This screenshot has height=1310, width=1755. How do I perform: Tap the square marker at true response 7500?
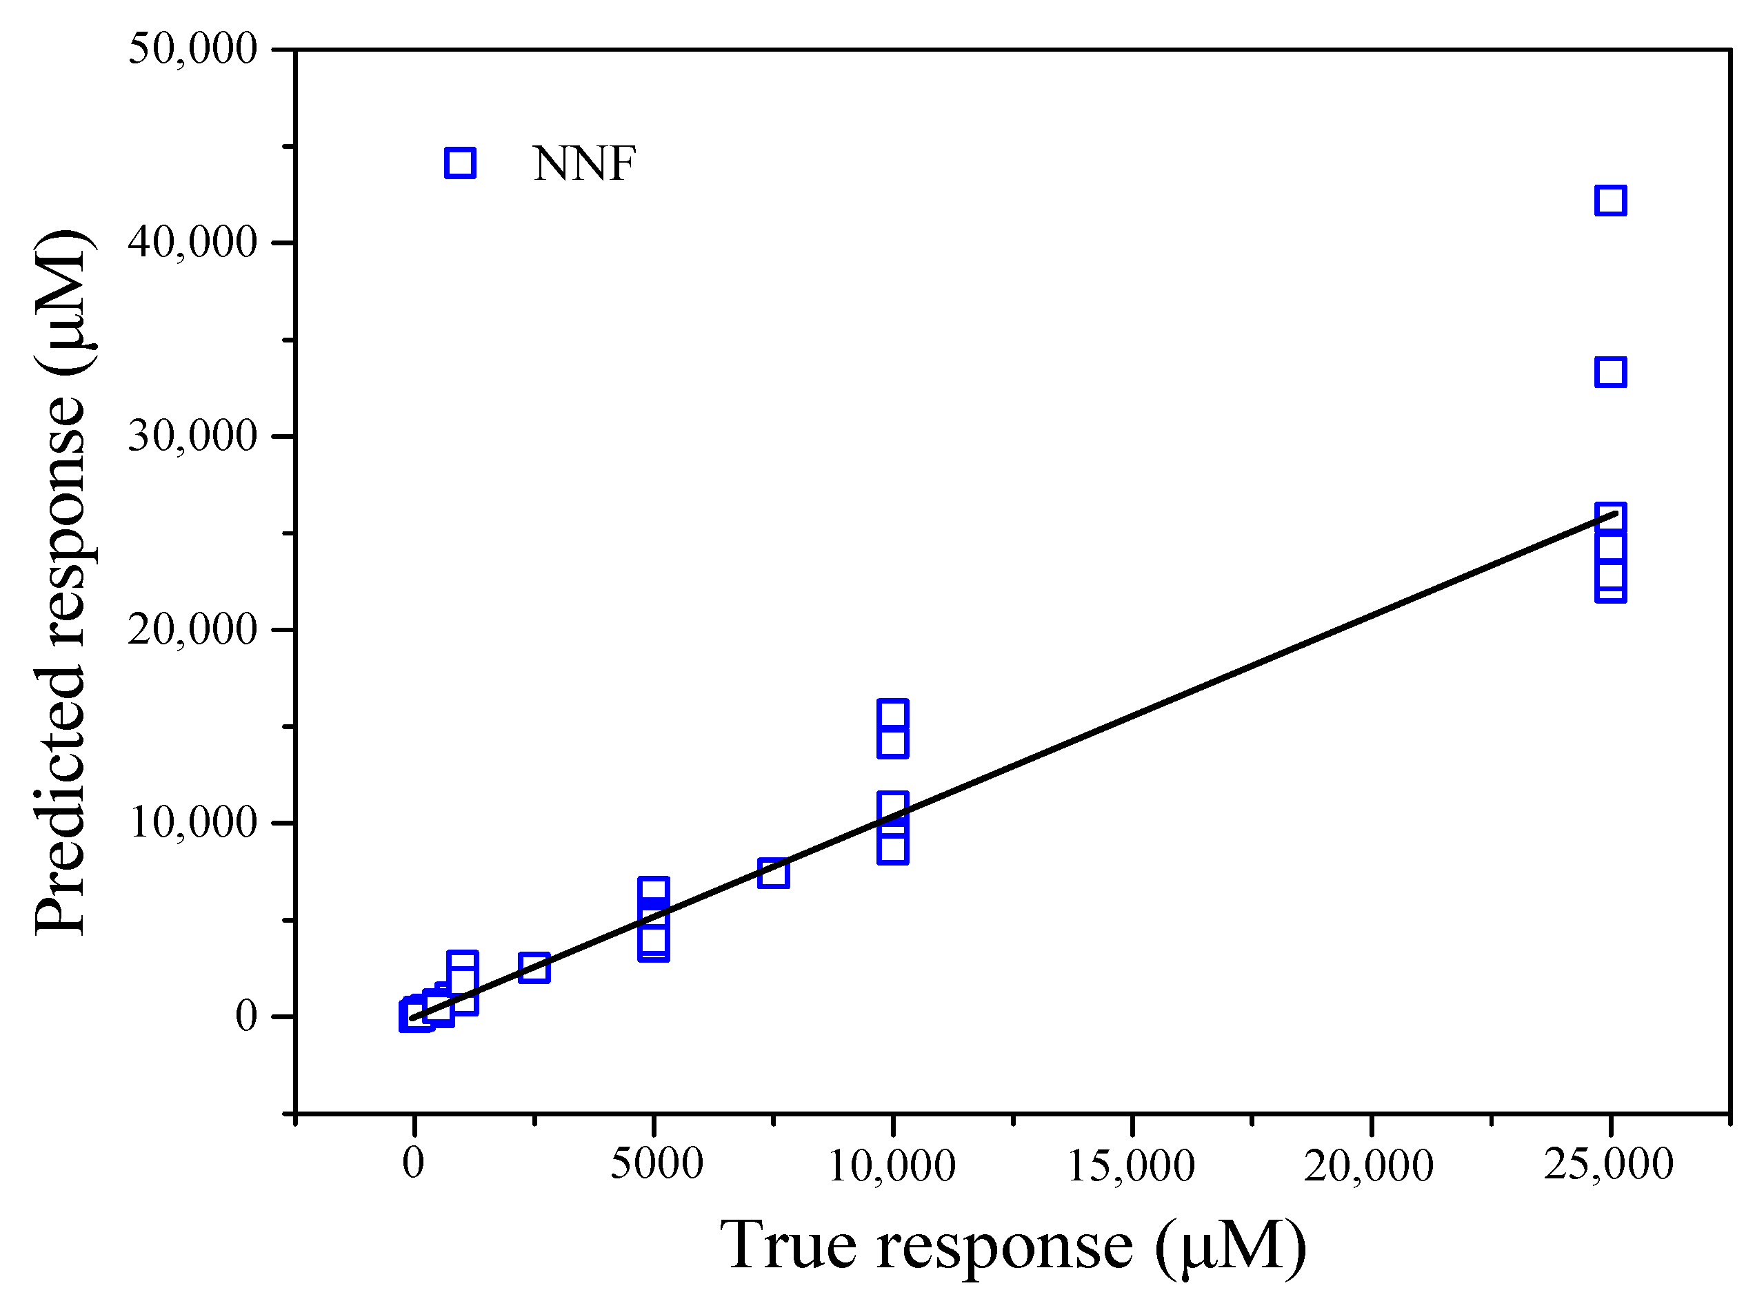click(x=774, y=874)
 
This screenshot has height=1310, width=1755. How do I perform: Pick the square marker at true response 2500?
click(x=534, y=968)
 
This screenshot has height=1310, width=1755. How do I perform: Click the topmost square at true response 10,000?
click(x=892, y=715)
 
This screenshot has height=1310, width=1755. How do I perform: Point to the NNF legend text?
click(x=584, y=164)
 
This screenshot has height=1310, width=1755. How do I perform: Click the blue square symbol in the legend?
click(x=460, y=163)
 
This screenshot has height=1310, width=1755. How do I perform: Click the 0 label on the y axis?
click(x=246, y=1016)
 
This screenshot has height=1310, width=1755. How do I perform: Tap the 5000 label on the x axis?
click(x=656, y=1164)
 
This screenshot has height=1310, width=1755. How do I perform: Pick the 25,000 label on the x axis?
click(x=1609, y=1164)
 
